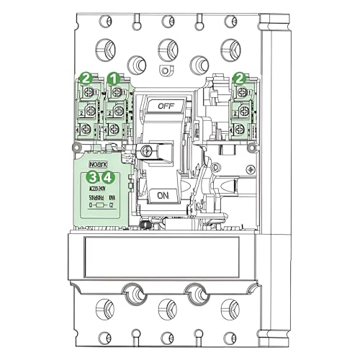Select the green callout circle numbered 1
[112, 77]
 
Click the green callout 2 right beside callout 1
[86, 77]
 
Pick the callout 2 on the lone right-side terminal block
[240, 77]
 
